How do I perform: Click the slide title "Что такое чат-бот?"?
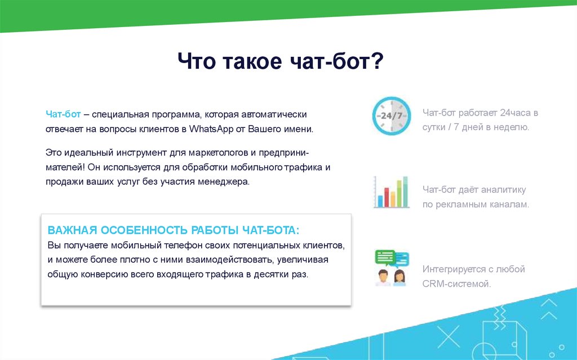click(281, 61)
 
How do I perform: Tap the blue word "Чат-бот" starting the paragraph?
click(63, 114)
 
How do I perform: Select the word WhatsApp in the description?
click(211, 129)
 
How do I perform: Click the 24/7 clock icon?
click(391, 115)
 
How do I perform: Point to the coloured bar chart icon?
click(391, 192)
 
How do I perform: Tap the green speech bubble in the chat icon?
click(384, 257)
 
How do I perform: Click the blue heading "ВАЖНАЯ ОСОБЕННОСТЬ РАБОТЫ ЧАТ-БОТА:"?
click(174, 230)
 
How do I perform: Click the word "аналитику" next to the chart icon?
click(503, 190)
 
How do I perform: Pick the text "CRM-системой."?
click(456, 284)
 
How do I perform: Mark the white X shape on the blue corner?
click(448, 336)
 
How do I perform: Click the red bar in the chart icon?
click(387, 197)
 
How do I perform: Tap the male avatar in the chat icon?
click(383, 278)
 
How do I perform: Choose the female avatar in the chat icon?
click(400, 278)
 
